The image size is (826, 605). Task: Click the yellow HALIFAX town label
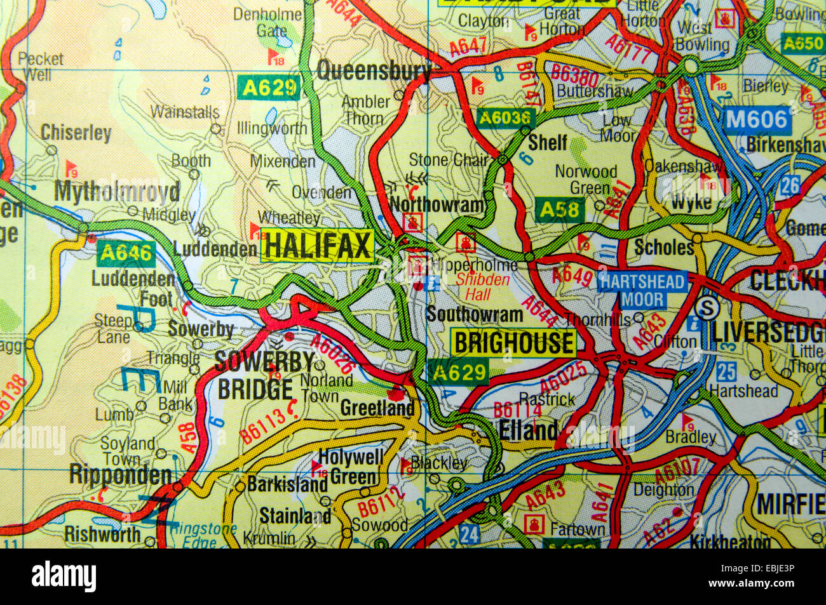coord(317,246)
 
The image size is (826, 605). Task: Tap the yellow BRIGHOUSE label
coord(513,343)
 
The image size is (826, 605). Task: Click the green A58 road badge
coord(560,209)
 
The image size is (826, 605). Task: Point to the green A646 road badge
coord(126,253)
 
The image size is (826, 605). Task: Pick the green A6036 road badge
coord(506,117)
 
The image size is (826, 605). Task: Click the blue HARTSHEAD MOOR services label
coord(643,290)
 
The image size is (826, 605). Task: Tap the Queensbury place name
coord(374,70)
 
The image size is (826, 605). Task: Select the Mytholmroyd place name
coord(117,191)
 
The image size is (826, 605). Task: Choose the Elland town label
coord(528,430)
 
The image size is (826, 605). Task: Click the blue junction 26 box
coord(790,185)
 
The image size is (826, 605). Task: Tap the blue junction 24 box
coord(468,533)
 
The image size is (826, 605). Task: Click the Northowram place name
coord(438,204)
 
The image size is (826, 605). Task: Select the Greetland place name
coord(377,408)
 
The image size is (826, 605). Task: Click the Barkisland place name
coord(287,484)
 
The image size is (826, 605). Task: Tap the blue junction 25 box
coord(726,371)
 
